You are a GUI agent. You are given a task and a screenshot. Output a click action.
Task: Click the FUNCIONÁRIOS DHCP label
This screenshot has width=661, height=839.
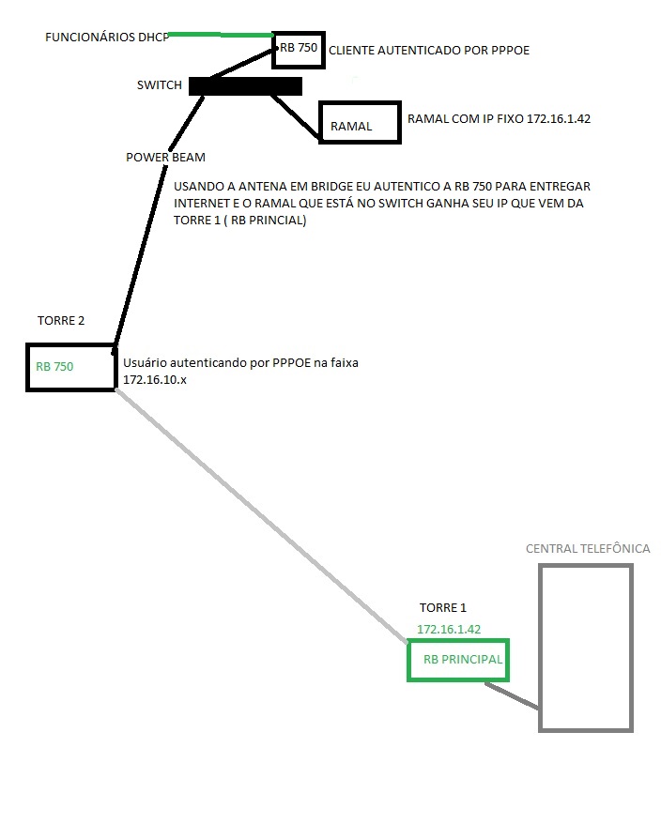(107, 37)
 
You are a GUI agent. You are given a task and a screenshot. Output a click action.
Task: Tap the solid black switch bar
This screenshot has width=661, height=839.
(245, 86)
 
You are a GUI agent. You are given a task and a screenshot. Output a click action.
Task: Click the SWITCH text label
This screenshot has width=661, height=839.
(160, 85)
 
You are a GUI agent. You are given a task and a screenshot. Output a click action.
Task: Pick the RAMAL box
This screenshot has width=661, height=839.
(360, 102)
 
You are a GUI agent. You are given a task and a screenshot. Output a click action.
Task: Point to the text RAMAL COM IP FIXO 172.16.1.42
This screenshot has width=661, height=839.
(499, 119)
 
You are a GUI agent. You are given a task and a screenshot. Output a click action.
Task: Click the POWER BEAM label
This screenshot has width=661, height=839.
(165, 158)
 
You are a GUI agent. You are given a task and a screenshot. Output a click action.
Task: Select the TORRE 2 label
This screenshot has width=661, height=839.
(61, 321)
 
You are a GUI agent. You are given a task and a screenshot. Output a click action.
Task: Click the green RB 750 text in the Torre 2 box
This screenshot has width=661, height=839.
(54, 367)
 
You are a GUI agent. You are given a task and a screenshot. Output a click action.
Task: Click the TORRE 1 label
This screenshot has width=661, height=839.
(442, 608)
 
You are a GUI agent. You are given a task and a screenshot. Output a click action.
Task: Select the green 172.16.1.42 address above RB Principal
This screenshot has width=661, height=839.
(449, 629)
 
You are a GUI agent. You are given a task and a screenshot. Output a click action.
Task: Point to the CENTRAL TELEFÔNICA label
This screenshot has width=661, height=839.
(588, 548)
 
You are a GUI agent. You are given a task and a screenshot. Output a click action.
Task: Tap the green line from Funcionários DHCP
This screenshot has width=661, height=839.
(221, 35)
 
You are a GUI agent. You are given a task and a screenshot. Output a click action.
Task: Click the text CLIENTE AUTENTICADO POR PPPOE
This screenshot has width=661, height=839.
(429, 51)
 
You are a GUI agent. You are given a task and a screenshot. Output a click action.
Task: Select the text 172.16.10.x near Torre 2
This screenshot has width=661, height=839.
(155, 380)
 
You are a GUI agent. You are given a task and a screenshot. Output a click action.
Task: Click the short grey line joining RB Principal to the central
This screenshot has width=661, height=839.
(512, 695)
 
